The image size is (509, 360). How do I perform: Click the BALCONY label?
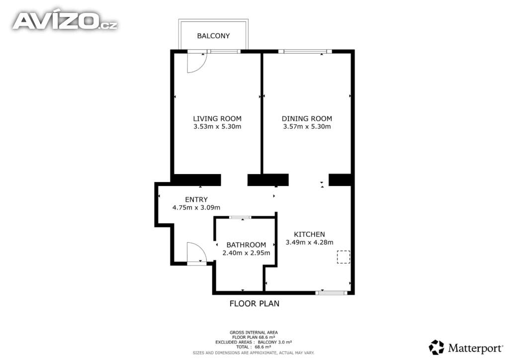click(x=213, y=36)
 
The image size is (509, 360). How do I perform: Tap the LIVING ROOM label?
click(x=217, y=119)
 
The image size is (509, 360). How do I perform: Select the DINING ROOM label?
click(x=307, y=119)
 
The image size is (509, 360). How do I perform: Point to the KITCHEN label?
click(x=309, y=234)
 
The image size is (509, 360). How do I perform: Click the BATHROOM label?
click(x=246, y=245)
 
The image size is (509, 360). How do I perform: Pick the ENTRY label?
click(x=196, y=199)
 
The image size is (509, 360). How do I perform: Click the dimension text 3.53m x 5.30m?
click(x=217, y=127)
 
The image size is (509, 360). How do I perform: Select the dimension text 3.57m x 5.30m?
click(x=307, y=127)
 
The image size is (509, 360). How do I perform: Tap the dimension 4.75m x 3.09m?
click(x=196, y=207)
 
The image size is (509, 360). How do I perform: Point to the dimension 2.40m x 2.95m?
click(x=246, y=253)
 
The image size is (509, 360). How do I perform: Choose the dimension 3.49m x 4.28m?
click(x=309, y=242)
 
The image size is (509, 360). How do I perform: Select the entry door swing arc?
click(x=202, y=247)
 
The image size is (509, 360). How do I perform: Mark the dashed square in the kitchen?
click(x=343, y=257)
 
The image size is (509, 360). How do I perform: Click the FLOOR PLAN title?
click(x=254, y=303)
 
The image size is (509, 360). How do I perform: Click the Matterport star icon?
click(x=436, y=347)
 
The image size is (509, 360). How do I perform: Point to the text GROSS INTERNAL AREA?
click(x=254, y=333)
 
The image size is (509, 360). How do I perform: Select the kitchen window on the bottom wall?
click(x=332, y=293)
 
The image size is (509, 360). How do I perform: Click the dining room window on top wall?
click(x=305, y=51)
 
